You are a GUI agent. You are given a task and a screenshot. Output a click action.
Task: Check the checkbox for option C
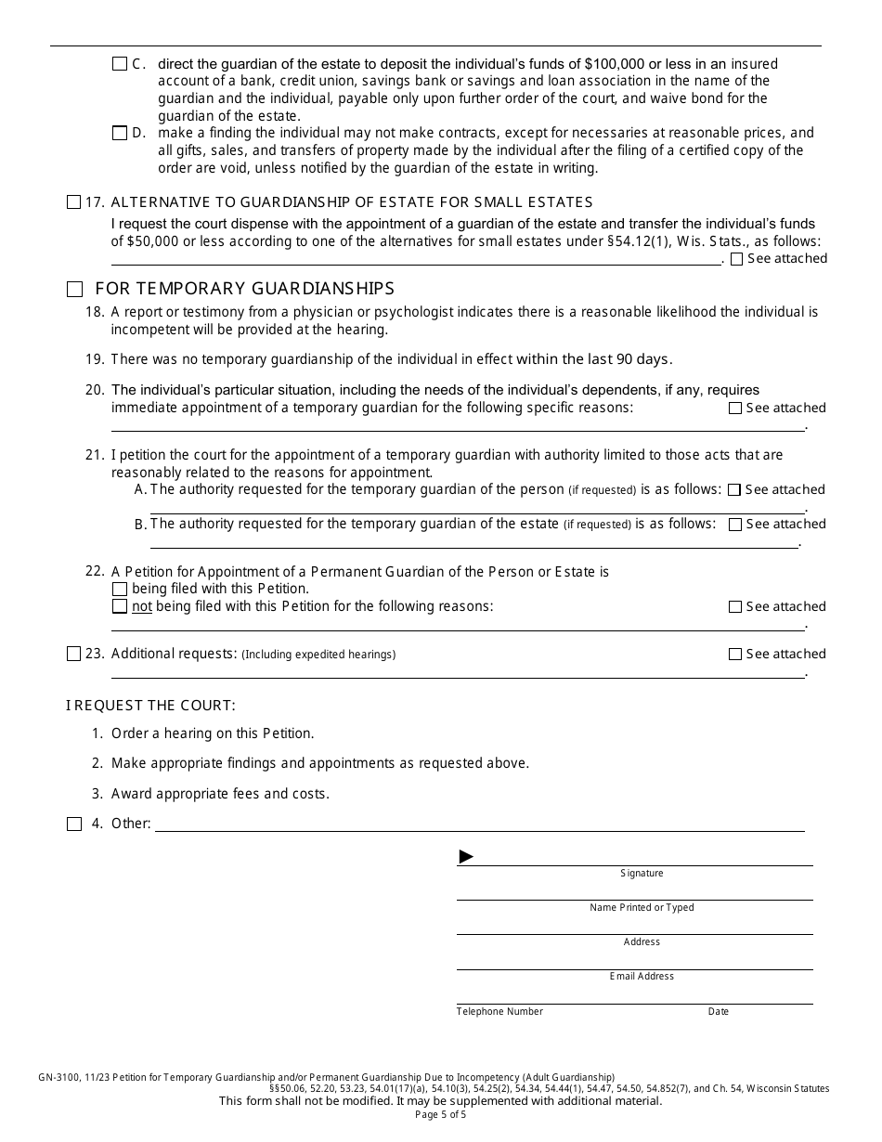[x=119, y=64]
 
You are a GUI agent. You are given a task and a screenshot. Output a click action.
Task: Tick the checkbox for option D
[x=119, y=133]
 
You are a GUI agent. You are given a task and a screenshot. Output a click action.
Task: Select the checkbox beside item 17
[x=74, y=202]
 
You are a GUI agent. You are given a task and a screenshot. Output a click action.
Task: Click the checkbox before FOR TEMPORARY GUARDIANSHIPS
[x=74, y=289]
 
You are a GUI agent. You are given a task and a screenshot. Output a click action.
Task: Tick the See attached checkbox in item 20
[x=735, y=409]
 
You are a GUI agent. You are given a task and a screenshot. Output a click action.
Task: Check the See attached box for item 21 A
[x=734, y=490]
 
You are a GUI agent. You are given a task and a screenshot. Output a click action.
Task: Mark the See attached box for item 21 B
[x=734, y=525]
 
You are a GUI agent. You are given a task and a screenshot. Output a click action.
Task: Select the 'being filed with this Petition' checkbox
[x=119, y=589]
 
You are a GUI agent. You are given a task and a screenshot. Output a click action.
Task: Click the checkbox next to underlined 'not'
[x=119, y=606]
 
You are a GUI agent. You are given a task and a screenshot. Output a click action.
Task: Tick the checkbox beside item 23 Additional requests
[x=74, y=655]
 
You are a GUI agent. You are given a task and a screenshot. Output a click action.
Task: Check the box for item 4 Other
[x=74, y=824]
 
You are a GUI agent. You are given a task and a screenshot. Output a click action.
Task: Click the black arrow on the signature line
[x=466, y=857]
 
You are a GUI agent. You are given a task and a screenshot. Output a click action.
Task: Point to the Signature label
[x=642, y=874]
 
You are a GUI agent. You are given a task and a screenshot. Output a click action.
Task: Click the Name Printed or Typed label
[x=642, y=908]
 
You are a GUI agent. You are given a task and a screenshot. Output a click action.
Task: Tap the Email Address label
[x=642, y=977]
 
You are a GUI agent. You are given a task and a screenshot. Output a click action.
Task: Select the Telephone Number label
[x=499, y=1012]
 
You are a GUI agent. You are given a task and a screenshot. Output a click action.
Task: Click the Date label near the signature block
[x=719, y=1012]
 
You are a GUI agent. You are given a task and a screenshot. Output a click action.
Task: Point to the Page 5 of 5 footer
[x=441, y=1115]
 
